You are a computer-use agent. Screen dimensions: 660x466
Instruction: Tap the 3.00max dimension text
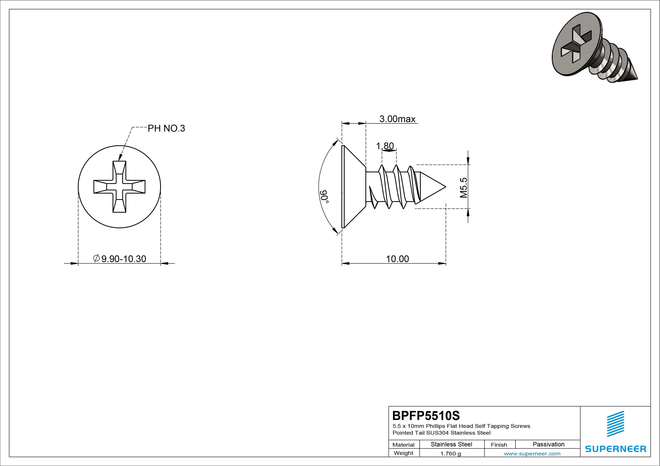(397, 119)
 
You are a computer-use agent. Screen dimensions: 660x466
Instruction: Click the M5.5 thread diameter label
(463, 188)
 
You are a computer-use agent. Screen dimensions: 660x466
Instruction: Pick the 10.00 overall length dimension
(397, 259)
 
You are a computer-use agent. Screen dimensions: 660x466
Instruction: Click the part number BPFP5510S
(426, 415)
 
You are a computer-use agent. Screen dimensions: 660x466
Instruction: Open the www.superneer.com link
(532, 454)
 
